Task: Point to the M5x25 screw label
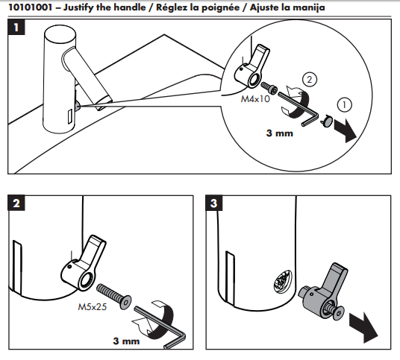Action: pos(93,306)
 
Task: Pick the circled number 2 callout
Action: pos(310,78)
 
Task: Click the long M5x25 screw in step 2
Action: pos(116,294)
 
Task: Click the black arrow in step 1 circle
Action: pos(346,129)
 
